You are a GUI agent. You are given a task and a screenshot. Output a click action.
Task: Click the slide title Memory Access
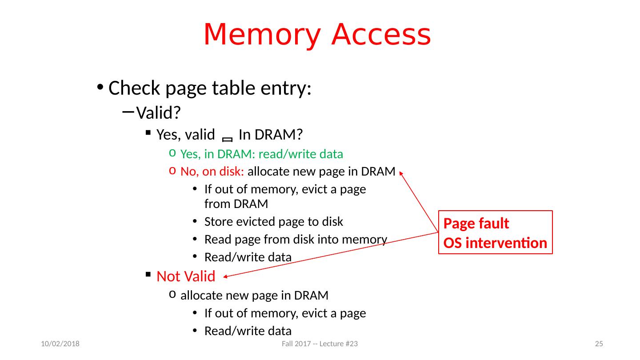pos(317,35)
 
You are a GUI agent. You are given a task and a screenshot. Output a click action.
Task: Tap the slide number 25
pos(599,344)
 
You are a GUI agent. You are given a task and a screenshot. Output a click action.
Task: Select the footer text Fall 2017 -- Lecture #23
pos(320,344)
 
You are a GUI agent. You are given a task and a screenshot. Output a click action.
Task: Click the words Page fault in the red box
pos(476,224)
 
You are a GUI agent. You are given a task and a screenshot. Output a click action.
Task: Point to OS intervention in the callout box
pos(495,243)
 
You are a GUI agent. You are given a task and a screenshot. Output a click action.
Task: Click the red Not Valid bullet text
pos(186,276)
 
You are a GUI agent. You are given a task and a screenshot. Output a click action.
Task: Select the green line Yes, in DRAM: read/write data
pos(262,154)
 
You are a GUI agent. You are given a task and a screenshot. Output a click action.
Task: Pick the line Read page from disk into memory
pos(296,240)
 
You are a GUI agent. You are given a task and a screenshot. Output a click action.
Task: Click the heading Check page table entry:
pos(209,88)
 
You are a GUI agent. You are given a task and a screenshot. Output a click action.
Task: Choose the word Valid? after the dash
pos(158,113)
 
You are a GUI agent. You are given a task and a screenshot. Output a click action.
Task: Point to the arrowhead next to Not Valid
pos(225,277)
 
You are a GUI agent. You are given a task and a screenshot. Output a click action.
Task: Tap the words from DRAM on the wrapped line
pos(236,204)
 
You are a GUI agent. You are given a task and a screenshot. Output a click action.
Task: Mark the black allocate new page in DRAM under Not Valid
pos(254,296)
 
